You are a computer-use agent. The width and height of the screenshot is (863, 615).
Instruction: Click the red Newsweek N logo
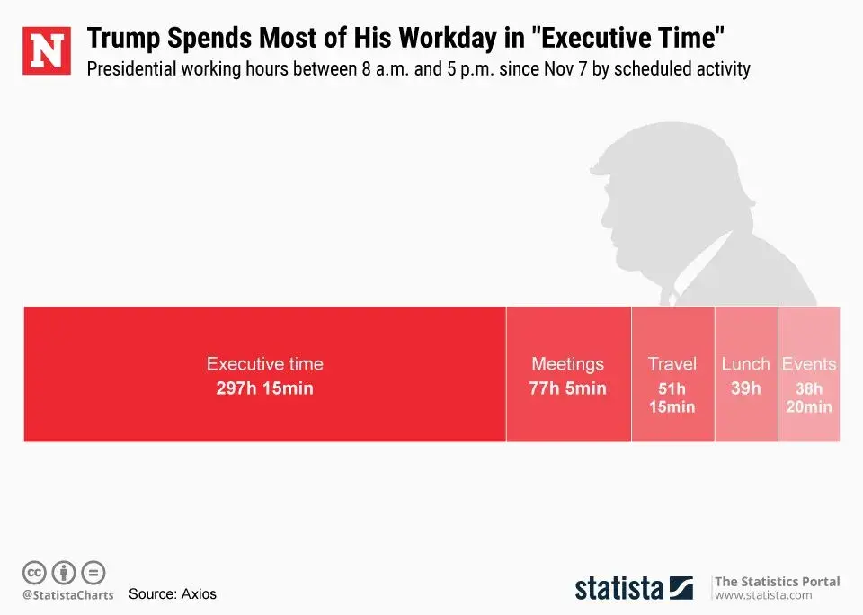pos(46,51)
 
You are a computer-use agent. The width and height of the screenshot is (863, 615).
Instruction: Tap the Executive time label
pos(264,364)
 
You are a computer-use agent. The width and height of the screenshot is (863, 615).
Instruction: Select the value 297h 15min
pos(264,388)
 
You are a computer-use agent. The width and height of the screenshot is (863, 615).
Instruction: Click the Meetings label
pos(567,364)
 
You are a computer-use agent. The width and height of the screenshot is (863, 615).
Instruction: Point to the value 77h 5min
pos(567,388)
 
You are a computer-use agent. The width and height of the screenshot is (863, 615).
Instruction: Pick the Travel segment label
pos(672,364)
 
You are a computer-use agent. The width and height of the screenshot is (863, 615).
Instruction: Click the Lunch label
pos(745,364)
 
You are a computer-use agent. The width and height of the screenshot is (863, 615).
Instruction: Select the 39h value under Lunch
pos(745,388)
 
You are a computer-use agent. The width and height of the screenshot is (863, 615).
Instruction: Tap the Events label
pos(808,364)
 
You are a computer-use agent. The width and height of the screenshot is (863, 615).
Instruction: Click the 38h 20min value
pos(808,397)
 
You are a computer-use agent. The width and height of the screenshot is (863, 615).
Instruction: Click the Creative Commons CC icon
pos(34,572)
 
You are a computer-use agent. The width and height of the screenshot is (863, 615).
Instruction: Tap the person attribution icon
pos(64,572)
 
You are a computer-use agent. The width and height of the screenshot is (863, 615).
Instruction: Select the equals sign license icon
pos(93,572)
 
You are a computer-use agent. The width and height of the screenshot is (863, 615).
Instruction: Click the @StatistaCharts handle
pos(67,594)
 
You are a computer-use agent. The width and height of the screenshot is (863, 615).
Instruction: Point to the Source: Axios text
pos(173,593)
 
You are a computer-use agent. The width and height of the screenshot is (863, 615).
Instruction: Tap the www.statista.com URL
pos(762,595)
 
